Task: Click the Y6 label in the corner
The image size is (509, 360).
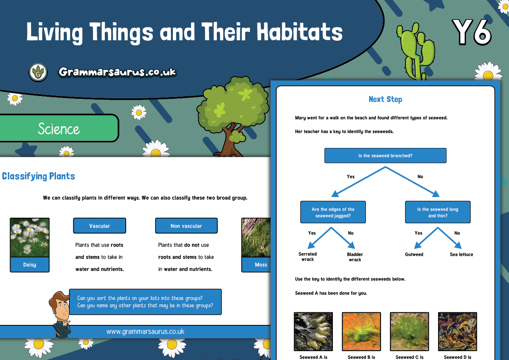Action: point(472,32)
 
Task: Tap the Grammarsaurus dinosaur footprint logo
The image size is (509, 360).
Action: point(38,73)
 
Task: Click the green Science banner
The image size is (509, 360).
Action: point(58,128)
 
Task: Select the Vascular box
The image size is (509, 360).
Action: point(100,226)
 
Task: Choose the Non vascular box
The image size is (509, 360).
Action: point(186,226)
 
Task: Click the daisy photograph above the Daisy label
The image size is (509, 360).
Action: point(29,237)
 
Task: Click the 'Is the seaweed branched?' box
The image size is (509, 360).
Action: point(385,156)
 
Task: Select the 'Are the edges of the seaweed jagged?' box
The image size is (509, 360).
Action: point(333,212)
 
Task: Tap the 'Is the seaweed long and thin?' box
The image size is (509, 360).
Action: point(438,212)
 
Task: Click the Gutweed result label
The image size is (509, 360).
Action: point(414,254)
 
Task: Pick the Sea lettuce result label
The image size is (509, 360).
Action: point(461,254)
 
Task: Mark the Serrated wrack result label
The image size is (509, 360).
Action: point(307,257)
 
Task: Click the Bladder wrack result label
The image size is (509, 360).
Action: point(355,257)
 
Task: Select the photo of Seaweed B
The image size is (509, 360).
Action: point(361,332)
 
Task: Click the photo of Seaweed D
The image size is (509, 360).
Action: point(458,332)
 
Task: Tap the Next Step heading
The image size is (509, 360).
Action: point(385,99)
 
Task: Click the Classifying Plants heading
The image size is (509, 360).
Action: point(38,176)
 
